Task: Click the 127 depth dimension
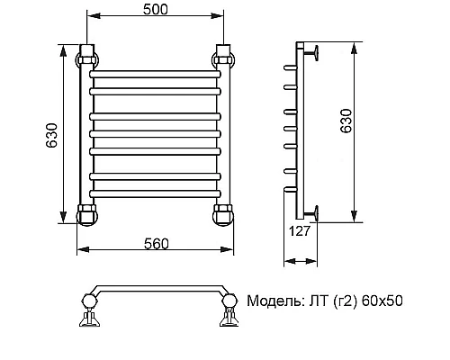(300, 231)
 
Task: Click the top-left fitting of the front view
(86, 59)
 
